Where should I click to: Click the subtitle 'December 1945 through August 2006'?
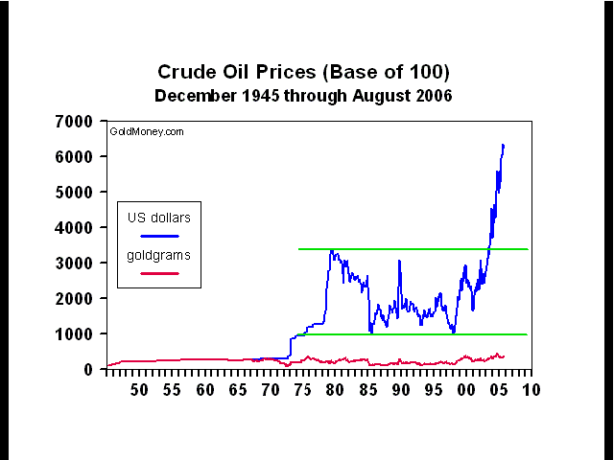click(303, 96)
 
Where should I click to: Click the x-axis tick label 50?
click(138, 391)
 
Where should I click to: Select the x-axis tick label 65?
click(237, 391)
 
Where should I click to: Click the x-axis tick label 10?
click(531, 391)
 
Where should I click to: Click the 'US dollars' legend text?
click(159, 218)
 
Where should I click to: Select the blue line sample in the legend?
click(159, 236)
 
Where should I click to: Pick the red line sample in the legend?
click(159, 272)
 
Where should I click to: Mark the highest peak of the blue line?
click(503, 146)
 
